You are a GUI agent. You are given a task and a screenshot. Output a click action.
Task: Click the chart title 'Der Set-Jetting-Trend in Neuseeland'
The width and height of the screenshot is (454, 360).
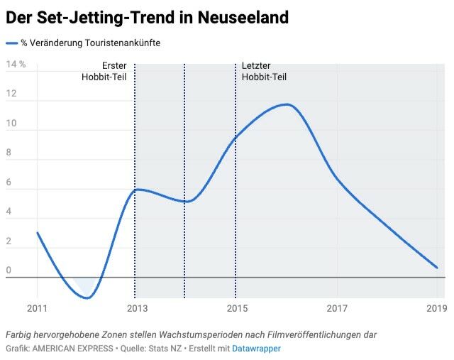(x=147, y=18)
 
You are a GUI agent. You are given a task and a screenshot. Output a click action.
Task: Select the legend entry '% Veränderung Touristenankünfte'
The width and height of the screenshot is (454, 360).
(x=90, y=43)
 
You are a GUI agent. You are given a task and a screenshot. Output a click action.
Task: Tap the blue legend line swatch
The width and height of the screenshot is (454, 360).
(x=11, y=43)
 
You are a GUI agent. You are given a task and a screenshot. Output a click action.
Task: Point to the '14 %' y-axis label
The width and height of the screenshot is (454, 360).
(x=16, y=65)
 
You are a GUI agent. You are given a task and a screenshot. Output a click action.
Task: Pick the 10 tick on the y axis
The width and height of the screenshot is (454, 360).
(x=11, y=124)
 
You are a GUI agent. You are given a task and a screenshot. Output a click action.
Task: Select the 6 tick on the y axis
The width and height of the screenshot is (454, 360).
(x=9, y=182)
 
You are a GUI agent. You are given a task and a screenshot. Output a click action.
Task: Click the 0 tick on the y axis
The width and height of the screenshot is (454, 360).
(x=9, y=271)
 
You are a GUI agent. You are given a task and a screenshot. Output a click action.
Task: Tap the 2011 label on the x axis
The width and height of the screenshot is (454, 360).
(x=37, y=308)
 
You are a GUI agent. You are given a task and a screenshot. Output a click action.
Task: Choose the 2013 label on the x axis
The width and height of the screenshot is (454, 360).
(x=137, y=308)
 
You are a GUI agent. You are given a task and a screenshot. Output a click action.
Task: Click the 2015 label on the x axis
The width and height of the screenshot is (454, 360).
(x=237, y=308)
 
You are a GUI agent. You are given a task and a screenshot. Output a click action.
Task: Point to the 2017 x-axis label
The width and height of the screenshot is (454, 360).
(x=337, y=308)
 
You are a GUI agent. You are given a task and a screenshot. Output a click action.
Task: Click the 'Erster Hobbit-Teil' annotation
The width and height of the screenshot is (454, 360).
(x=104, y=72)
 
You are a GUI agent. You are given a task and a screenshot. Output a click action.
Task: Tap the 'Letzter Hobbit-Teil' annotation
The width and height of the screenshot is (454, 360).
(x=264, y=72)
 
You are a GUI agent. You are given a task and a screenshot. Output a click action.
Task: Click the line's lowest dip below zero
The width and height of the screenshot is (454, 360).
(x=87, y=298)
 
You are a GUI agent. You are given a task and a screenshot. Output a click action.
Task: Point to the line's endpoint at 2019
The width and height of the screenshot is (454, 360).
(x=437, y=268)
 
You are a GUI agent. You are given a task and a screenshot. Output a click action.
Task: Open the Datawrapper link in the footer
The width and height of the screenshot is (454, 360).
(x=256, y=349)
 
